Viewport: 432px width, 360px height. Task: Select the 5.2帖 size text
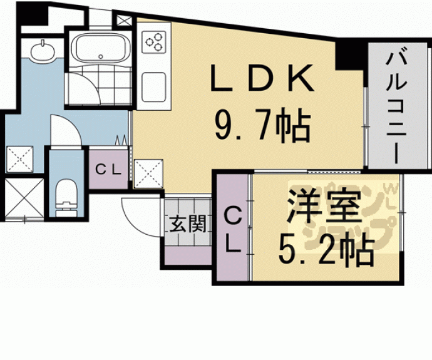326,251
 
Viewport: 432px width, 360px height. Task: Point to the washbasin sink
41,49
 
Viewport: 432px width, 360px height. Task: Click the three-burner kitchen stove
153,43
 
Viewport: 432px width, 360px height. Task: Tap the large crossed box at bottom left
23,197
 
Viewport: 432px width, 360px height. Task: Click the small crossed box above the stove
125,19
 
